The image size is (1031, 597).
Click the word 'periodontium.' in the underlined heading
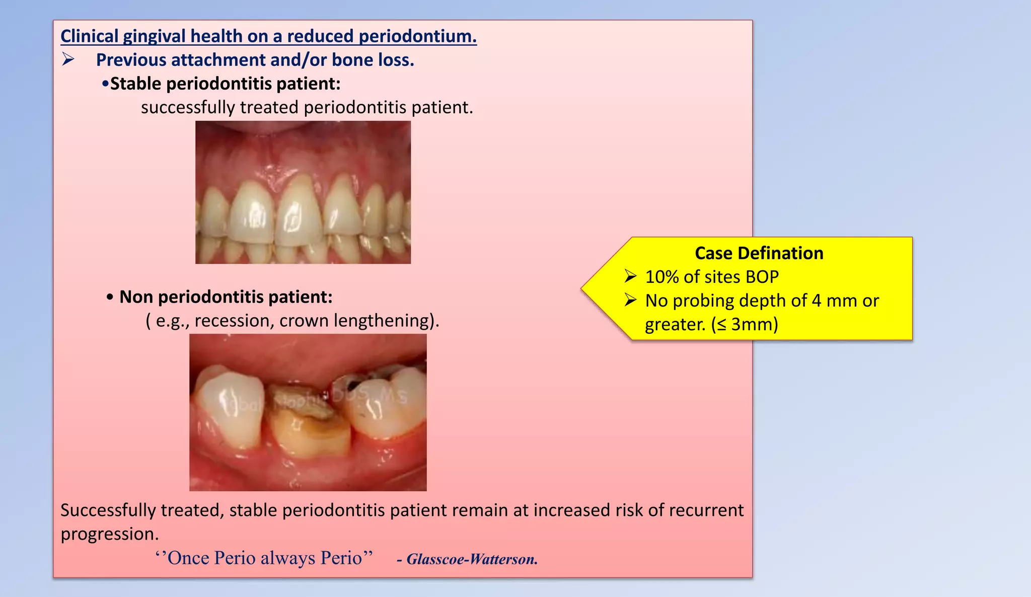(417, 36)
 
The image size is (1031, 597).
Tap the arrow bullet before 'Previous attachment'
(68, 60)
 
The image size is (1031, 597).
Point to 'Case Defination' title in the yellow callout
(759, 253)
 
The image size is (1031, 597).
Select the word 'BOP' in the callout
(762, 277)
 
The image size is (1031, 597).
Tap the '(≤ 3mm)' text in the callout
(745, 324)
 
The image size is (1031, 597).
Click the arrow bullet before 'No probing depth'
(630, 301)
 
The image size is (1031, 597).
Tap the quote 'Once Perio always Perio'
(264, 558)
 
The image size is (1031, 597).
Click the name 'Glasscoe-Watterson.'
(472, 559)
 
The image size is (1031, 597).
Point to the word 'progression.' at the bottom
(110, 534)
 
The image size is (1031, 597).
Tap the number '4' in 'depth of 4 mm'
(816, 301)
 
